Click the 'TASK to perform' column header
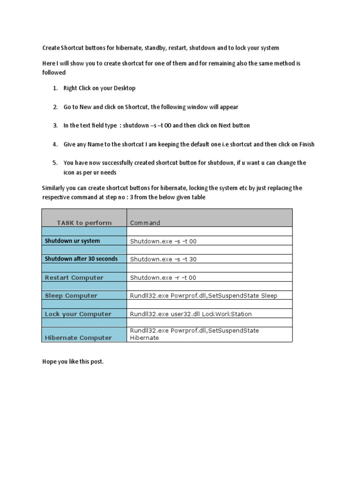tap(84, 223)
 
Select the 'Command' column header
tap(145, 223)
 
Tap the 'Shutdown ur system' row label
tap(72, 241)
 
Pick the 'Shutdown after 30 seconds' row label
tap(81, 259)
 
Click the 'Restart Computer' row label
tap(74, 277)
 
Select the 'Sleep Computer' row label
tap(71, 296)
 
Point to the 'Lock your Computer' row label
tap(78, 314)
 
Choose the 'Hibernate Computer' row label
tap(78, 337)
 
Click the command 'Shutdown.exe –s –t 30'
tap(163, 259)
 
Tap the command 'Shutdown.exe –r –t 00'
tap(163, 277)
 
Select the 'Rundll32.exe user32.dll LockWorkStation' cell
tap(191, 314)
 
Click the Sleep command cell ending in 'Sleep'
tap(203, 296)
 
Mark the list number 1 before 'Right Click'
tap(55, 88)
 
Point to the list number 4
tap(55, 144)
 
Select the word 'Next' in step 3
tap(225, 126)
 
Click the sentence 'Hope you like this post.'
tap(73, 362)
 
